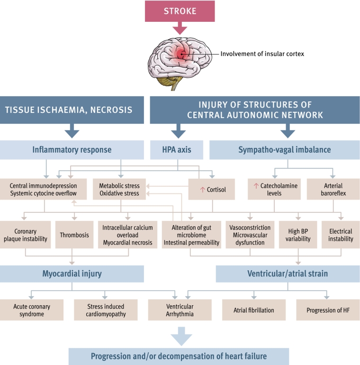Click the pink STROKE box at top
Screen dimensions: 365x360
[x=180, y=11]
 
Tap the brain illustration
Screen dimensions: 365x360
[x=180, y=61]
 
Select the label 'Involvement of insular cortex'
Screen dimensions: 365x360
[x=262, y=54]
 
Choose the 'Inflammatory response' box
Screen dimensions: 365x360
[x=72, y=150]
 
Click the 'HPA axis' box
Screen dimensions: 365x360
[x=178, y=150]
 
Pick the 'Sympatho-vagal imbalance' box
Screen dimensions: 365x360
[x=284, y=150]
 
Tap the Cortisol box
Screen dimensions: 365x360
[x=212, y=190]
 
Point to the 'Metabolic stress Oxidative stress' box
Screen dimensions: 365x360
[x=119, y=190]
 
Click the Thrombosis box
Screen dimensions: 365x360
[x=74, y=235]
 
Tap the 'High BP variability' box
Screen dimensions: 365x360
[x=298, y=235]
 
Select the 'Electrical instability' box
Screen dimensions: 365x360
[x=341, y=235]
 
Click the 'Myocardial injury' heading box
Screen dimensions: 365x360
[x=72, y=274]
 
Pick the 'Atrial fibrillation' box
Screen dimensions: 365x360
[x=254, y=310]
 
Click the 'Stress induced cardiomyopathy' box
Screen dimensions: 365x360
[x=107, y=310]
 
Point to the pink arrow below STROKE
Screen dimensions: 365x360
[x=180, y=29]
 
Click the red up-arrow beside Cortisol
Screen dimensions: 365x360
[x=202, y=190]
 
